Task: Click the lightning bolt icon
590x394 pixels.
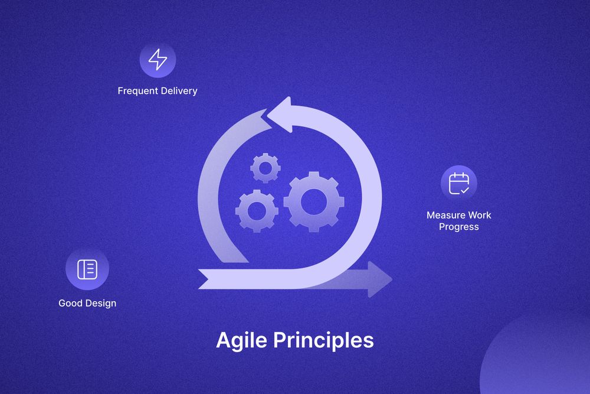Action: coord(158,60)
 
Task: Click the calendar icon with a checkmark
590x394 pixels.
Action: coord(458,183)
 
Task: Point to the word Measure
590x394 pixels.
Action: coord(445,215)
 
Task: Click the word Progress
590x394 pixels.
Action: coord(458,227)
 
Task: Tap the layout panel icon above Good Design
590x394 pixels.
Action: coord(87,269)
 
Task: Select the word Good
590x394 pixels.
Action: coord(70,303)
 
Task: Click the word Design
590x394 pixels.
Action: coord(100,303)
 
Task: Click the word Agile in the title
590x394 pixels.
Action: coord(239,341)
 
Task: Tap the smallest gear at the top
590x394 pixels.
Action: coord(265,168)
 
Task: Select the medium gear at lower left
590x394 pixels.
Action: coord(257,210)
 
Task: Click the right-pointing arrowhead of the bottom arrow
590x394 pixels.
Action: coord(379,278)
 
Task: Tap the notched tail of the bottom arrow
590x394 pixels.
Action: coord(206,278)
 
